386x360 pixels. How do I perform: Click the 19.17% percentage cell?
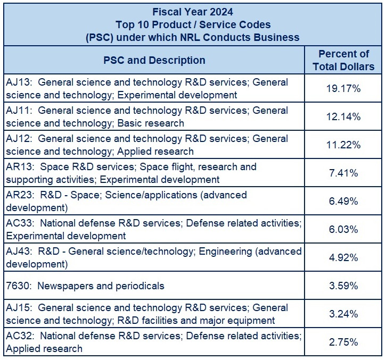(343, 88)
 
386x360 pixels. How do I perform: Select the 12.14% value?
(343, 116)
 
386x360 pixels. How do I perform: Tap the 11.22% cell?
(343, 145)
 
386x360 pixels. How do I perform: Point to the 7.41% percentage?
(343, 173)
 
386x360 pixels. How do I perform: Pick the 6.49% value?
(343, 201)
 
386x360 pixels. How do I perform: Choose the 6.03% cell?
(343, 229)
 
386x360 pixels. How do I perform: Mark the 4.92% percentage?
(343, 257)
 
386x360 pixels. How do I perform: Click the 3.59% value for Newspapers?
(343, 286)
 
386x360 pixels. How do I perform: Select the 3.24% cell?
(343, 314)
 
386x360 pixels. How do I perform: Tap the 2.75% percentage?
(343, 342)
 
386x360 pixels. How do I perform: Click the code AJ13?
(18, 82)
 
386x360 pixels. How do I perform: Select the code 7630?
(17, 286)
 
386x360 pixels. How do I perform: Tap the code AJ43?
(18, 251)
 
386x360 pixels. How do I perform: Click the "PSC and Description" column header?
(154, 60)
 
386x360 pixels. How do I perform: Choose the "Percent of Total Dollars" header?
(343, 60)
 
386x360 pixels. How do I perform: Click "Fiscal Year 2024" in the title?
(193, 11)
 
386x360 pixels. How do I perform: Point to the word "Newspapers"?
(64, 286)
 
